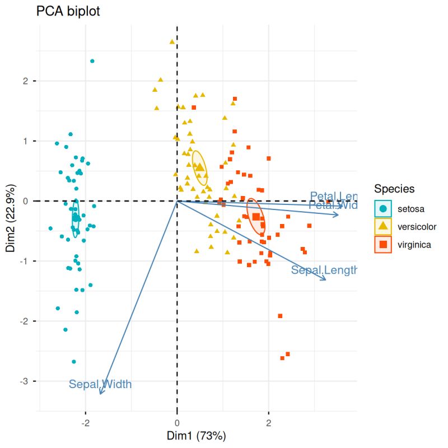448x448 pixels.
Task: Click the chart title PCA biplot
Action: point(68,11)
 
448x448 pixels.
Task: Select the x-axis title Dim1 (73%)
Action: point(195,435)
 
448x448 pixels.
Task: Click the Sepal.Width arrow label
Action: point(100,384)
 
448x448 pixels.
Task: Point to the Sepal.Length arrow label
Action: point(324,270)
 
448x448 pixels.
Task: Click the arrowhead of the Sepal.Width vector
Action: point(100,394)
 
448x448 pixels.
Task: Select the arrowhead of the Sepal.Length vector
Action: point(325,278)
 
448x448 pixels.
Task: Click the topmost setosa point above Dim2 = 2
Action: point(92,61)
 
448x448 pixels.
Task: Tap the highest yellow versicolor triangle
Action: point(172,41)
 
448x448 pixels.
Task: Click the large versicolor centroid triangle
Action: point(199,166)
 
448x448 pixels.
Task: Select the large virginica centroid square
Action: point(256,217)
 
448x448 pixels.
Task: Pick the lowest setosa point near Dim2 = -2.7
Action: point(74,362)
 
